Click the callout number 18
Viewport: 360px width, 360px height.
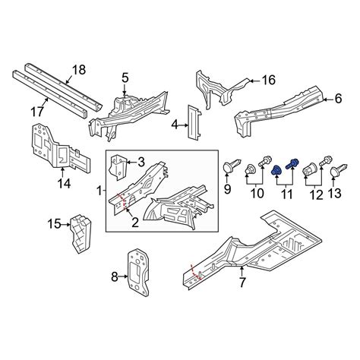coord(79,70)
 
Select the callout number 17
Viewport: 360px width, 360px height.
coord(37,112)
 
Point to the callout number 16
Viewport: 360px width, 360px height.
coord(269,81)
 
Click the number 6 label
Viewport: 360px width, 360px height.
coord(339,99)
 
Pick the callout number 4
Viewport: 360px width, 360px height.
coord(175,125)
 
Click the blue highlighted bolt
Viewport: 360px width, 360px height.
coord(292,164)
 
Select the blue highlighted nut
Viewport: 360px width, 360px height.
coord(276,171)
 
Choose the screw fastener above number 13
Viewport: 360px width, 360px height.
coord(339,170)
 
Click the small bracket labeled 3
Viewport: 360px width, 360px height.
coord(118,167)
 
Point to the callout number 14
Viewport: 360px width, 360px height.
coord(64,183)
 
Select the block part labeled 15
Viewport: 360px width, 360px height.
coord(80,234)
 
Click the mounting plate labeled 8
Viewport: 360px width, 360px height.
coord(138,273)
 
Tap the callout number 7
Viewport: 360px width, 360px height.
coord(242,282)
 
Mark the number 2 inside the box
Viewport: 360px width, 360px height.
coord(135,223)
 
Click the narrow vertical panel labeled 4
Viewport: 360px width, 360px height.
coord(194,122)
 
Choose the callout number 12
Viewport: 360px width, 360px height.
coord(316,195)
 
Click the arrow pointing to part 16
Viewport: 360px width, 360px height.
coord(255,81)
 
